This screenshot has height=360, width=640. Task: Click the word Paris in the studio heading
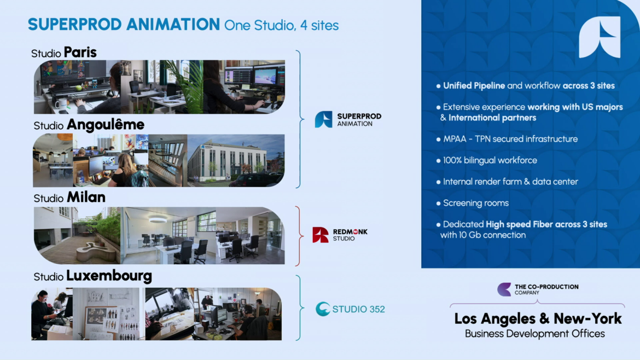coord(80,53)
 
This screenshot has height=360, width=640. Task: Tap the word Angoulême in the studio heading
coord(106,125)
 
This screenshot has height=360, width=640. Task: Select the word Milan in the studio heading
coord(86,197)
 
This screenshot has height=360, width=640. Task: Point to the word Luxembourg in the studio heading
coord(109,276)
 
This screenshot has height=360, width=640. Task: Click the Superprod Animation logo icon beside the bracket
coord(324,120)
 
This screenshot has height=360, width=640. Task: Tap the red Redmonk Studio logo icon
coord(321,235)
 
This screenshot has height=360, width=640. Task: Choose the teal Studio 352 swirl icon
coord(323,309)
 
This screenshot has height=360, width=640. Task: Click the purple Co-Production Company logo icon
coord(504,289)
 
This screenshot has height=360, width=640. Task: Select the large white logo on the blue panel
coord(600,37)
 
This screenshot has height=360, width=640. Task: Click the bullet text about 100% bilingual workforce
coord(490,160)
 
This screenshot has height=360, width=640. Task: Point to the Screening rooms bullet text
coord(476,203)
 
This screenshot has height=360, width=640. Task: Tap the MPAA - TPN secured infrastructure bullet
coord(510,139)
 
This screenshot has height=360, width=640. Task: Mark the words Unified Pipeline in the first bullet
coord(474,86)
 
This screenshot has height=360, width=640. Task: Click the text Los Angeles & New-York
coord(538,318)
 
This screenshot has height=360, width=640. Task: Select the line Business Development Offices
coord(534,334)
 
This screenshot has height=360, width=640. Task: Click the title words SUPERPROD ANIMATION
coord(124,25)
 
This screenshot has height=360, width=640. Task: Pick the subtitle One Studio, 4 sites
coord(281,25)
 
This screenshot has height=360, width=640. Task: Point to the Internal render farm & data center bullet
coord(510,182)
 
